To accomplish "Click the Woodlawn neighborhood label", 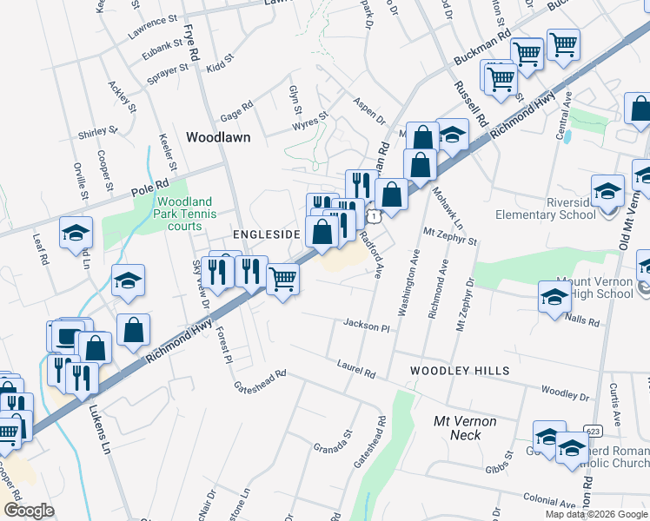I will pos(218,137).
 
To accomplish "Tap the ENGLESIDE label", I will pos(266,235).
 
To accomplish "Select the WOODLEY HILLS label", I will pos(460,371).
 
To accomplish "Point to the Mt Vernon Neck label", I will pos(465,428).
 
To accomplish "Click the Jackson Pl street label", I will pos(367,326).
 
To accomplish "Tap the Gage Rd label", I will pos(235,109).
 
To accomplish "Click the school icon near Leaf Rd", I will pos(76,232).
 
